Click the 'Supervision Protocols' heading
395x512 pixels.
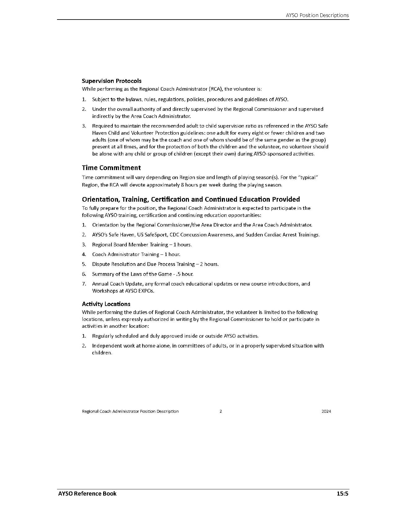click(x=112, y=81)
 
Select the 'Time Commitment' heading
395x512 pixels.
click(x=111, y=168)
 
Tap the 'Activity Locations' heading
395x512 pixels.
click(x=106, y=304)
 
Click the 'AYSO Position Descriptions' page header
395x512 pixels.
click(x=317, y=15)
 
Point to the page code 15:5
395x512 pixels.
click(x=343, y=494)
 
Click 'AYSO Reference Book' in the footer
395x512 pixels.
click(x=87, y=494)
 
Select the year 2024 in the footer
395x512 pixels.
click(x=326, y=411)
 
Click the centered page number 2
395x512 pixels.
click(x=221, y=411)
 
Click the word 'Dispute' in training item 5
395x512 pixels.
click(x=101, y=264)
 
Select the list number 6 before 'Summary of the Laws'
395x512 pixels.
click(x=84, y=274)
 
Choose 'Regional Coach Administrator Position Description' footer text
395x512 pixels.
click(x=130, y=411)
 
